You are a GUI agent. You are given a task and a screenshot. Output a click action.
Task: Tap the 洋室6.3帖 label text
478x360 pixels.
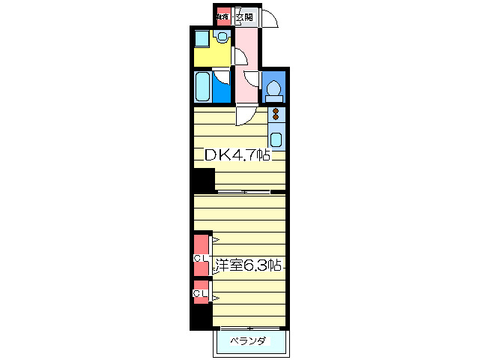[x=247, y=265]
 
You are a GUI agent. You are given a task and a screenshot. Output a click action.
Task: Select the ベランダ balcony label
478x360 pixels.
[x=247, y=341]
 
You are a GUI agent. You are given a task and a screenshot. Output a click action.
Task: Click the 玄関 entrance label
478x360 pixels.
[x=243, y=17]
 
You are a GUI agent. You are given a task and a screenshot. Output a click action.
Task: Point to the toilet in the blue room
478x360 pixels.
[x=273, y=89]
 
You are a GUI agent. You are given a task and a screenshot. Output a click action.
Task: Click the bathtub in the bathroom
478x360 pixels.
[x=202, y=87]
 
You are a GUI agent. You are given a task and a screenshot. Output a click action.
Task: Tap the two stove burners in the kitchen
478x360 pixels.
[x=276, y=114]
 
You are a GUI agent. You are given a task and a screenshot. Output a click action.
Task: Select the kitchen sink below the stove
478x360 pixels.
[x=276, y=139]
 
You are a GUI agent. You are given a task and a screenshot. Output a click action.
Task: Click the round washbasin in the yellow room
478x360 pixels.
[x=223, y=37]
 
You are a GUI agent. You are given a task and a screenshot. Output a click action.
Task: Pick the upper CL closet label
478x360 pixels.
[x=200, y=259]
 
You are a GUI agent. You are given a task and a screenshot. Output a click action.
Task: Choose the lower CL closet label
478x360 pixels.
[x=200, y=293]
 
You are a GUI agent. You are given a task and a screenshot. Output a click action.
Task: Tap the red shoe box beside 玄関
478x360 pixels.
[x=222, y=16]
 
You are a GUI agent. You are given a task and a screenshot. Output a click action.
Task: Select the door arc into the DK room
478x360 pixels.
[x=245, y=115]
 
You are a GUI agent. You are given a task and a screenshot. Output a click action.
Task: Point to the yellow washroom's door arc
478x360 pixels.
[x=240, y=56]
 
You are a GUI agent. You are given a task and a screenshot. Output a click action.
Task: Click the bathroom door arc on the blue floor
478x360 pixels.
[x=223, y=77]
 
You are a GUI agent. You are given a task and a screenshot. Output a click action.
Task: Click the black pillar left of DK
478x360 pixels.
[x=201, y=181]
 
